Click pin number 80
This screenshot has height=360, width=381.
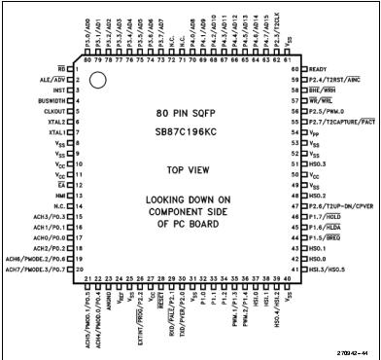[x=87, y=61]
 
